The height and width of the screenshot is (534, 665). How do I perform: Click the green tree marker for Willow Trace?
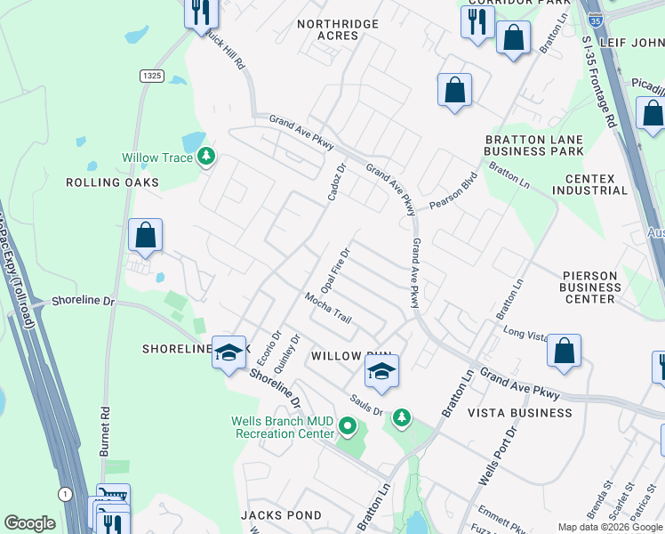(206, 158)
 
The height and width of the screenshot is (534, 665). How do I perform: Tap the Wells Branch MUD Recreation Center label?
(283, 427)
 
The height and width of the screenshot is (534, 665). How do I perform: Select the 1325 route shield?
(150, 77)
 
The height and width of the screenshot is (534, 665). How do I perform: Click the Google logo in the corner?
(29, 523)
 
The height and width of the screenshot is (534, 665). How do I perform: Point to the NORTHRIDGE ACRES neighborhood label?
(338, 29)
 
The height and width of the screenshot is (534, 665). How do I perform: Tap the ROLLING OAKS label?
(112, 182)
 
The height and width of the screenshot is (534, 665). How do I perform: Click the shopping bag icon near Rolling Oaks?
(146, 237)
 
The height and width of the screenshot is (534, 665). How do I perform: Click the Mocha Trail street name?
(328, 308)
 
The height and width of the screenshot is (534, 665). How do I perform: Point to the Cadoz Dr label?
(335, 182)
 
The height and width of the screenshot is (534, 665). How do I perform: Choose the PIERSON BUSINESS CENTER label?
(590, 287)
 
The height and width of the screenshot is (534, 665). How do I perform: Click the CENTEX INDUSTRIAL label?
(590, 184)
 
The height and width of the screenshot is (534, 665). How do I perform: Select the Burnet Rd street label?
(105, 433)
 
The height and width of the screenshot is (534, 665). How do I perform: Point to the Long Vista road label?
(525, 333)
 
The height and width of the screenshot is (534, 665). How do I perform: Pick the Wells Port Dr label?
(497, 455)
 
